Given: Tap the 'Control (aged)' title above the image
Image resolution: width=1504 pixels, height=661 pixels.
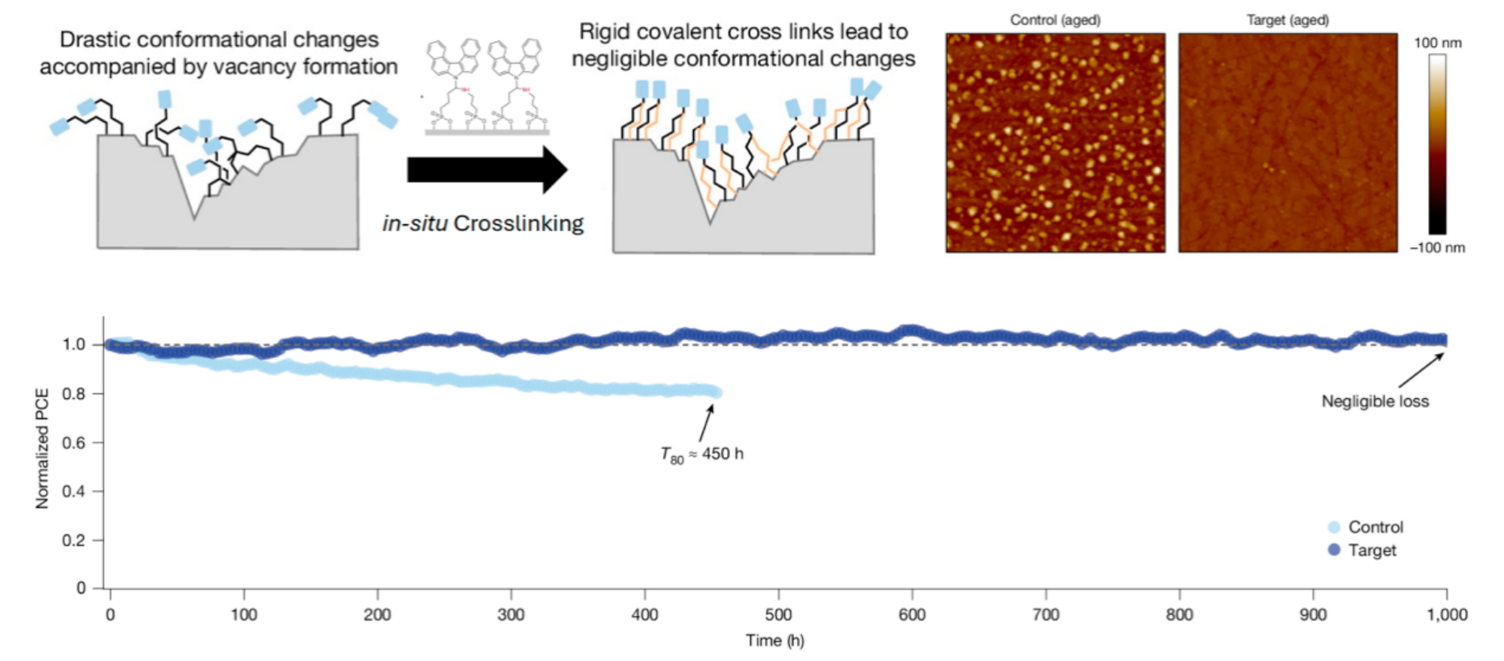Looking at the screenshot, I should click(1055, 20).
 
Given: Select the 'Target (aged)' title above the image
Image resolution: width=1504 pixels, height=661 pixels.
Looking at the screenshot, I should click(1287, 20).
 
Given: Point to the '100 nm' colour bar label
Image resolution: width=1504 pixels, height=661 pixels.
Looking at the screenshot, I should click(1437, 43).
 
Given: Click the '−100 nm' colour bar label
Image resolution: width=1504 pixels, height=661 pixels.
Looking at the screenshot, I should click(1437, 247).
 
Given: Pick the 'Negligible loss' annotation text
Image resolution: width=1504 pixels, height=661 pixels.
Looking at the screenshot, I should click(1375, 401).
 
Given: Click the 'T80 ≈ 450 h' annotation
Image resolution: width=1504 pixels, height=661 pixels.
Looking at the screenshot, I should click(702, 455).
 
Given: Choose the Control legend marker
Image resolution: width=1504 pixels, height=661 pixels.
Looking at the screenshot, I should click(1334, 527).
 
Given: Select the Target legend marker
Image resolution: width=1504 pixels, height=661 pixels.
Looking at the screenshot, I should click(1334, 550).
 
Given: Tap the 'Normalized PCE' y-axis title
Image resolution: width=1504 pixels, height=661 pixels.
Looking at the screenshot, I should click(42, 448).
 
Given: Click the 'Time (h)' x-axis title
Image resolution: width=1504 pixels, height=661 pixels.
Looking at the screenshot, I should click(775, 641).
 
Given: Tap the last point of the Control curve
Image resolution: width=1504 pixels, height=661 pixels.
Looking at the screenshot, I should click(717, 393).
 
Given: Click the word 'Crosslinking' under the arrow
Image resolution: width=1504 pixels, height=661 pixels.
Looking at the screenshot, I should click(518, 223).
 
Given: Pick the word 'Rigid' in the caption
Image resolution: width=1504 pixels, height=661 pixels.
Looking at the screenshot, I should click(601, 32).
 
